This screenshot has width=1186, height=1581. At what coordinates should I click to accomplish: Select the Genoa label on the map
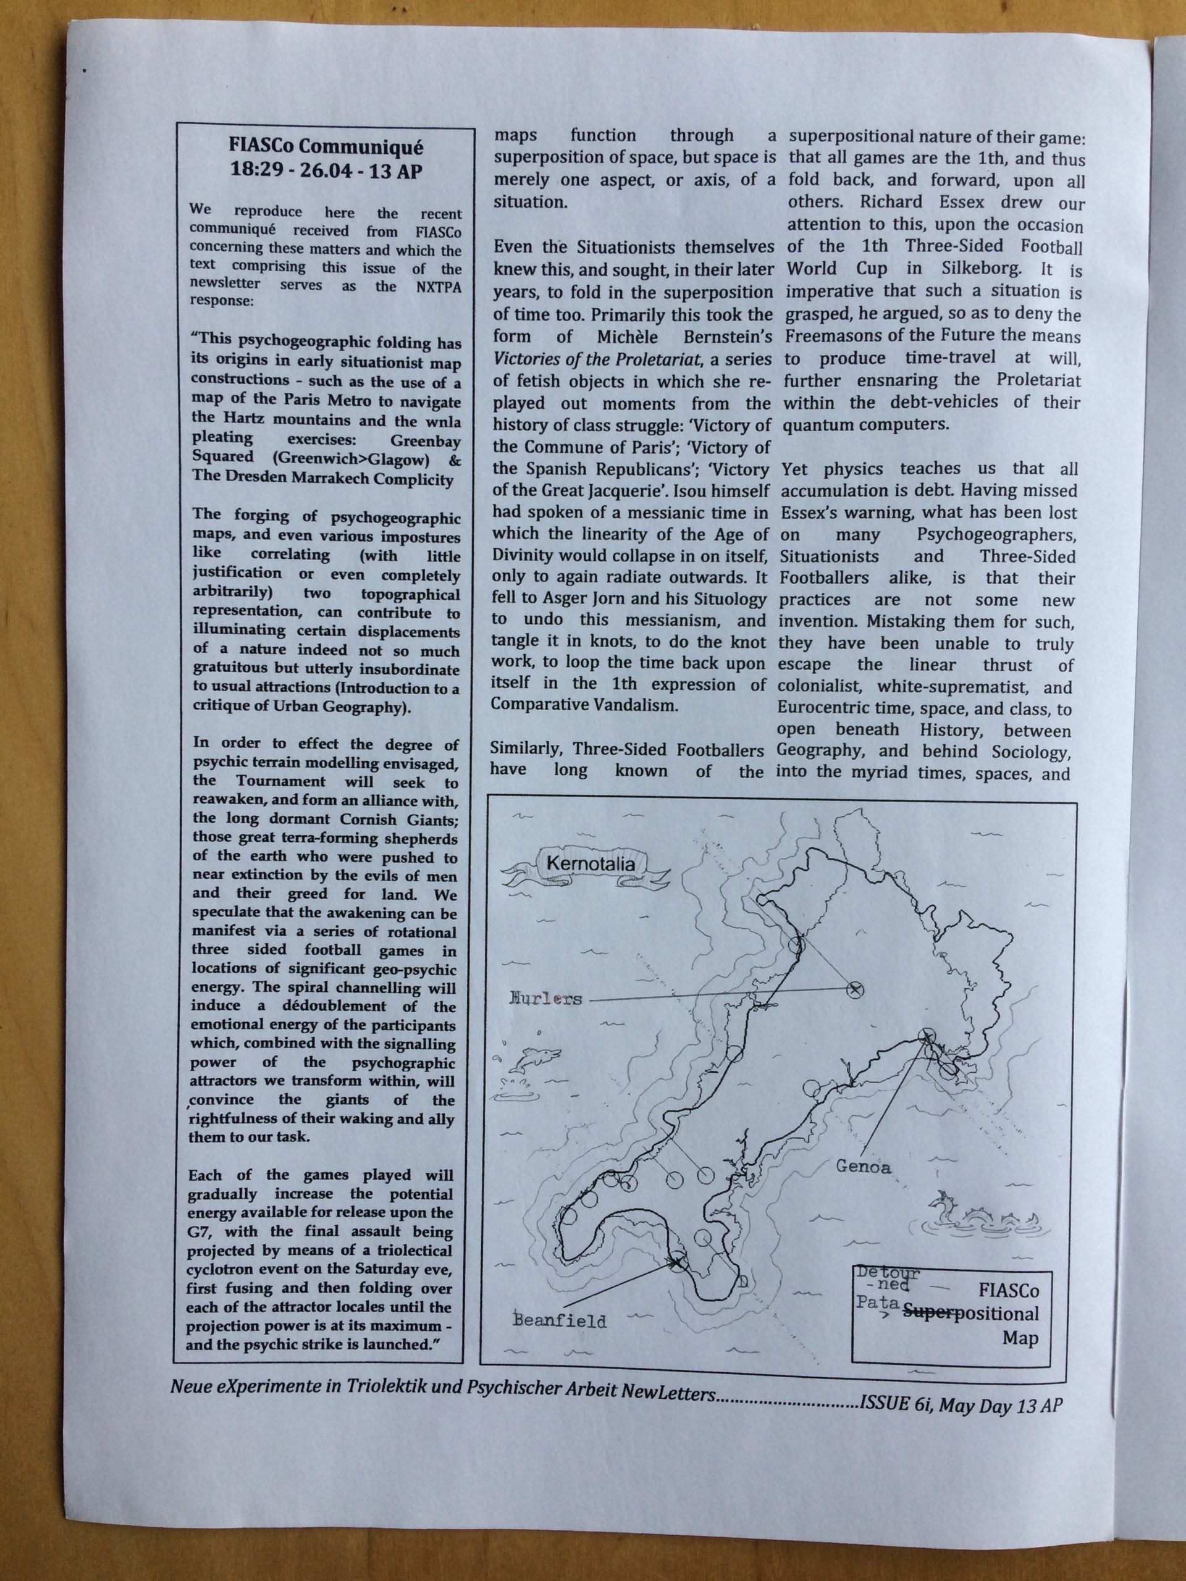[864, 1167]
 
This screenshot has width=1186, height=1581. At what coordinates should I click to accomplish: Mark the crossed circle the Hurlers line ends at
[854, 989]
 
